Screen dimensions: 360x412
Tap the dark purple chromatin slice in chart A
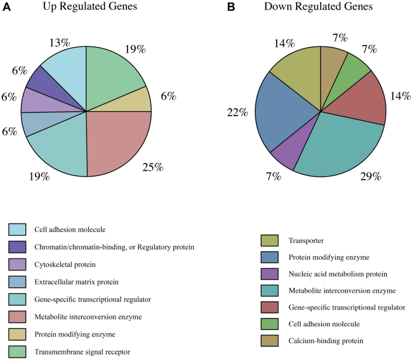coord(45,81)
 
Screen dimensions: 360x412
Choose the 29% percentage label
coord(369,175)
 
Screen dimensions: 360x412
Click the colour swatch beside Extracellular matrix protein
coord(17,281)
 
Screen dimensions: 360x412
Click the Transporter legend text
coord(307,240)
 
